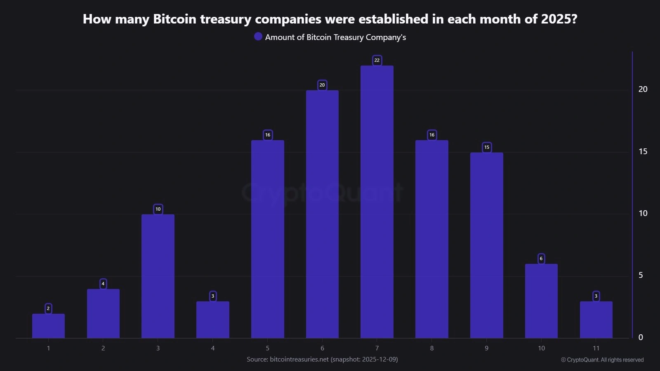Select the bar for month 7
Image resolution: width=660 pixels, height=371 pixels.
click(377, 202)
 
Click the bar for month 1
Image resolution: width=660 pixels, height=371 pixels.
click(48, 326)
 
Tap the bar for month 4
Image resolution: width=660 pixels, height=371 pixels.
click(212, 320)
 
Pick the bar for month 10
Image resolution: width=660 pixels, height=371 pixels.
click(541, 301)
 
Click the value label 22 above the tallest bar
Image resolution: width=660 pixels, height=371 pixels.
click(377, 60)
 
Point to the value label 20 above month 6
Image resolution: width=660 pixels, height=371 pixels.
click(322, 85)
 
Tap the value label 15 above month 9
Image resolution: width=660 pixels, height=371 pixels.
click(487, 147)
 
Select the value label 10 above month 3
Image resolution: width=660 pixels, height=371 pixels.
click(158, 209)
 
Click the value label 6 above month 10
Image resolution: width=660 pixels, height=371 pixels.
click(541, 258)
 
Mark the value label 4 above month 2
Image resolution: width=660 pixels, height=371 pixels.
click(103, 284)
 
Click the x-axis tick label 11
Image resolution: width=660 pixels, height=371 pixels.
click(596, 348)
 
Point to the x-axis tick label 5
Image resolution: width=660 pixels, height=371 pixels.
click(267, 348)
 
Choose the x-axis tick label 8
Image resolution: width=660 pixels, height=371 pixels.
click(432, 348)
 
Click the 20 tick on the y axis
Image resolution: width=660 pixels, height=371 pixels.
click(643, 89)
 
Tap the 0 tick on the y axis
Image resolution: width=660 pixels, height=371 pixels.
click(641, 338)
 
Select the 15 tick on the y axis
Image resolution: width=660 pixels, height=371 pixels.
click(643, 152)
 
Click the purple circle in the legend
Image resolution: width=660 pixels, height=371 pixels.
click(258, 37)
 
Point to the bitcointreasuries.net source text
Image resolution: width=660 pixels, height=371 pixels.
click(299, 359)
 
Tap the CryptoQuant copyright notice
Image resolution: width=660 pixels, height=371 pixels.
click(602, 360)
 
